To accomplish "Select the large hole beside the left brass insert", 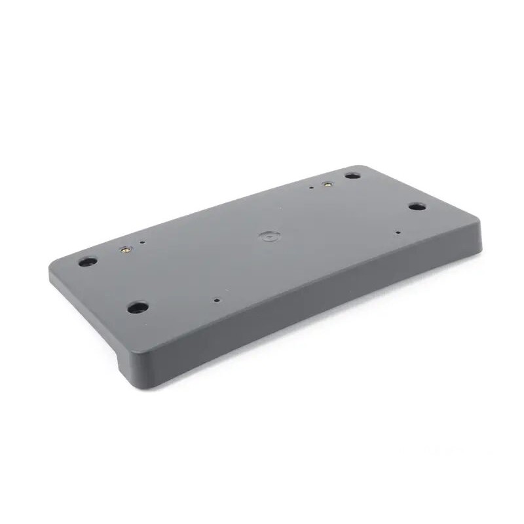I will [x=88, y=261].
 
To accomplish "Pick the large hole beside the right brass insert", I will [x=352, y=176].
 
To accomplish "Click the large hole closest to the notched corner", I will [x=137, y=307].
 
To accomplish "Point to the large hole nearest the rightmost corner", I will [x=417, y=206].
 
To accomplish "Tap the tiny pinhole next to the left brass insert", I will [x=143, y=242].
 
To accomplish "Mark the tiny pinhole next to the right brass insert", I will [x=311, y=187].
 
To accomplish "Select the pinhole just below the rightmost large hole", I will [x=398, y=232].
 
